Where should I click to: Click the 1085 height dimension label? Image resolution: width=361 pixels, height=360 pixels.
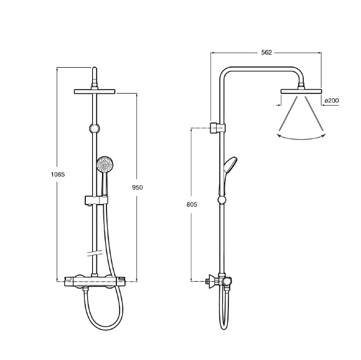[58, 175]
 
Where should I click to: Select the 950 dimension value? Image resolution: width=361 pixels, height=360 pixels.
[137, 188]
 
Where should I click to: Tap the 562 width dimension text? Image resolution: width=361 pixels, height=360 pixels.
[266, 52]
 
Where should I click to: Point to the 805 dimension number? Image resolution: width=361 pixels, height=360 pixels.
[192, 205]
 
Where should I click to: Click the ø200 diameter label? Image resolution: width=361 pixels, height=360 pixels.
[332, 101]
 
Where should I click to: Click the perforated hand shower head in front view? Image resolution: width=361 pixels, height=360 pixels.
[105, 164]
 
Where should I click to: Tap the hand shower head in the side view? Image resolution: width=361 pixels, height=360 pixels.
[231, 165]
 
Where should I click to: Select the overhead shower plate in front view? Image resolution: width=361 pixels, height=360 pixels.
[95, 91]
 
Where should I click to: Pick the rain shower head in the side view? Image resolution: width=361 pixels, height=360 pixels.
[301, 91]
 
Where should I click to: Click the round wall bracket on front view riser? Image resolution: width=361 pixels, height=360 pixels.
[95, 129]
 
